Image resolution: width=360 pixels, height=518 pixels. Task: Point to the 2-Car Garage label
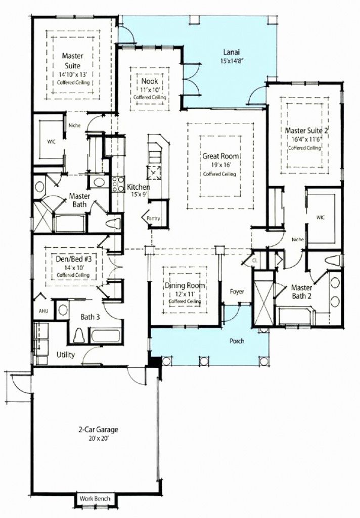98,429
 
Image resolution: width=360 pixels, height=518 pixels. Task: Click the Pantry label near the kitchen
153,218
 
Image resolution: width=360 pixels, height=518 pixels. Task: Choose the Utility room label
66,355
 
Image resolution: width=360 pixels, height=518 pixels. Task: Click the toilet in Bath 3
79,335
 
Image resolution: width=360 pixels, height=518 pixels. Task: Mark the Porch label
237,341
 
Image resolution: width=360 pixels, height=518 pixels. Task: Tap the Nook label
150,81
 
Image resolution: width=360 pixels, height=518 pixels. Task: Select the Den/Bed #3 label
73,259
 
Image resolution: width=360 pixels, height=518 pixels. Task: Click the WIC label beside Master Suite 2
320,218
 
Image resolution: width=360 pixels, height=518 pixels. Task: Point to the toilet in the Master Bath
113,223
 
